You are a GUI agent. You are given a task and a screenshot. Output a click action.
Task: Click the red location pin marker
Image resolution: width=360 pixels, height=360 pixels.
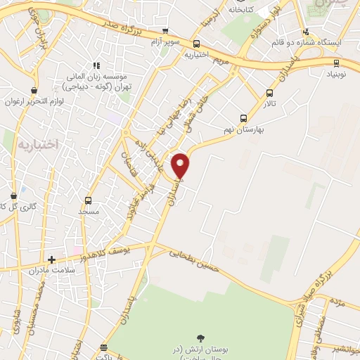[x=181, y=165]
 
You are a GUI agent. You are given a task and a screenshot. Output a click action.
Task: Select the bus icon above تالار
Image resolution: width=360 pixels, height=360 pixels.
[x=269, y=94]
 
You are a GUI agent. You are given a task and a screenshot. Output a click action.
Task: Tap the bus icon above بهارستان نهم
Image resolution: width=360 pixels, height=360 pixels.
[x=243, y=118]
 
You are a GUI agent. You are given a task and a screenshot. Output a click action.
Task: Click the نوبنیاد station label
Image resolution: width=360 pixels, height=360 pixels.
[x=335, y=73]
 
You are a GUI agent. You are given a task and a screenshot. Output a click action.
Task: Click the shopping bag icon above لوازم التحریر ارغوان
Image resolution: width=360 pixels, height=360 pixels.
[x=34, y=90]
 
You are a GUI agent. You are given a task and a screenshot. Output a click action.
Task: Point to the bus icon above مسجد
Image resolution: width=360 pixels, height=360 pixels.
[x=88, y=200]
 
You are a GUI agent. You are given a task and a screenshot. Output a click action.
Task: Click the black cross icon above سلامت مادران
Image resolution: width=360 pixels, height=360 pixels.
[x=51, y=259]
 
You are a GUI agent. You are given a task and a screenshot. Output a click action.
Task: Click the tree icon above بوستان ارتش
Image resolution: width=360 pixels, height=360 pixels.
[x=202, y=339]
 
